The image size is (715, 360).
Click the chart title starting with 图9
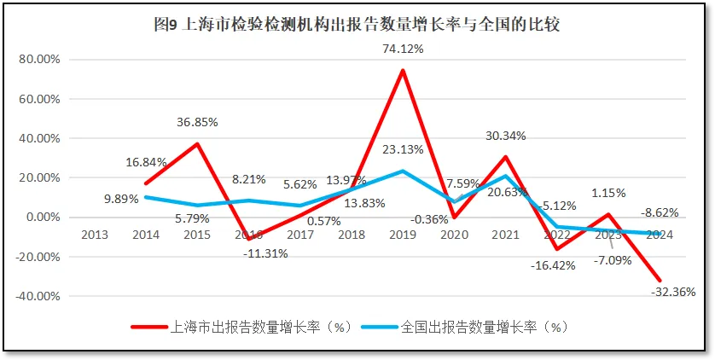click(x=357, y=25)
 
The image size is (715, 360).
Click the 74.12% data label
click(x=403, y=49)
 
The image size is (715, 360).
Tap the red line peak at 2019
click(x=403, y=70)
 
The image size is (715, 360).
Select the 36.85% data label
click(x=196, y=122)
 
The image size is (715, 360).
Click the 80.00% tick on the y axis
click(x=38, y=60)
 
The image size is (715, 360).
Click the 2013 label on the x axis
click(x=94, y=235)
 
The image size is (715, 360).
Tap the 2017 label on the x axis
click(x=299, y=235)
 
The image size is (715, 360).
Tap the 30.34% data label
click(x=505, y=136)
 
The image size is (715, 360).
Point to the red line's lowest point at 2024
click(x=660, y=280)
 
